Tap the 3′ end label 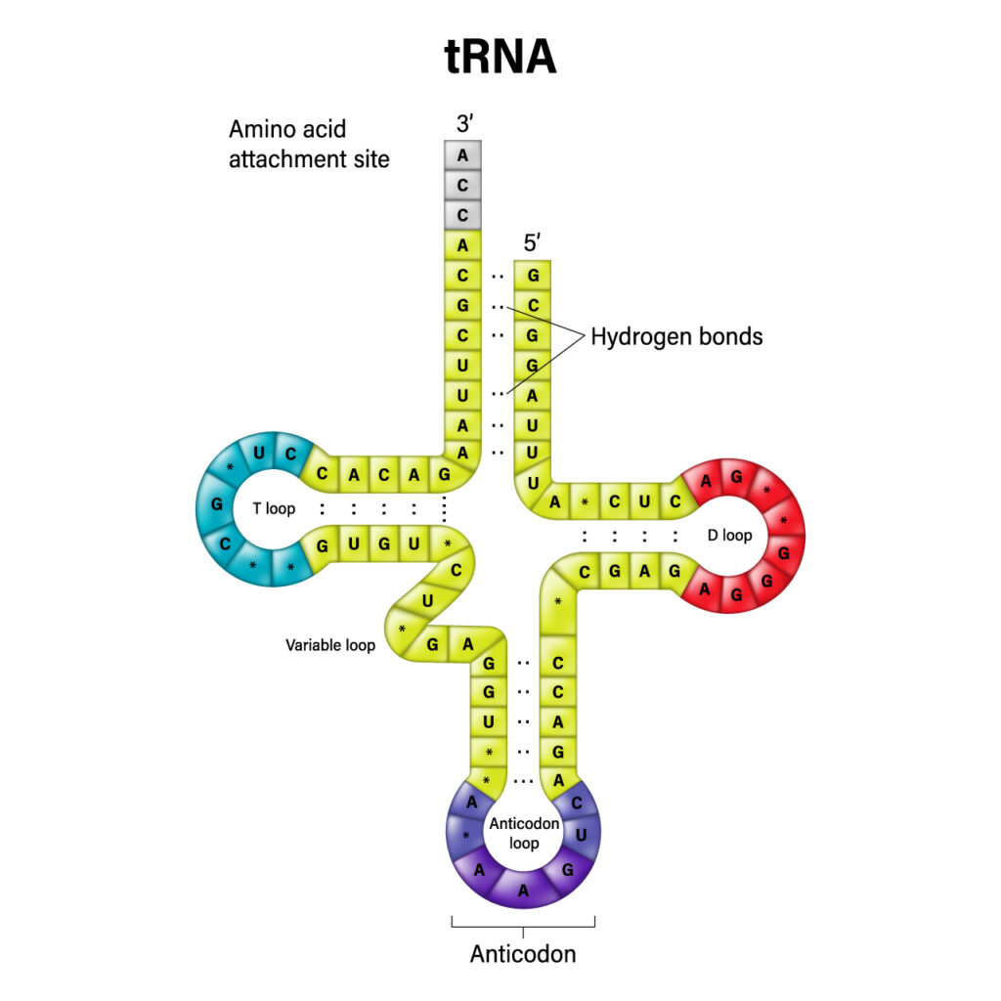pyautogui.click(x=462, y=123)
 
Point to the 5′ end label pyautogui.click(x=532, y=242)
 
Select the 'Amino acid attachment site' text pyautogui.click(x=309, y=144)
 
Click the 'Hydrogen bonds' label pyautogui.click(x=676, y=337)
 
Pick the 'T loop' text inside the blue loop pyautogui.click(x=274, y=508)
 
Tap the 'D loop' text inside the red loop pyautogui.click(x=729, y=535)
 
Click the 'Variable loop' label pyautogui.click(x=330, y=645)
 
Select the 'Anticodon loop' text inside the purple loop pyautogui.click(x=524, y=833)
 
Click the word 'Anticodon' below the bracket pyautogui.click(x=523, y=953)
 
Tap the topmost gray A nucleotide pyautogui.click(x=462, y=154)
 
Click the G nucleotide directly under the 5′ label pyautogui.click(x=533, y=276)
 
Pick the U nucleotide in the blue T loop pyautogui.click(x=259, y=453)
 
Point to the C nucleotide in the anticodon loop pyautogui.click(x=576, y=802)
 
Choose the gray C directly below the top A pyautogui.click(x=462, y=184)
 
